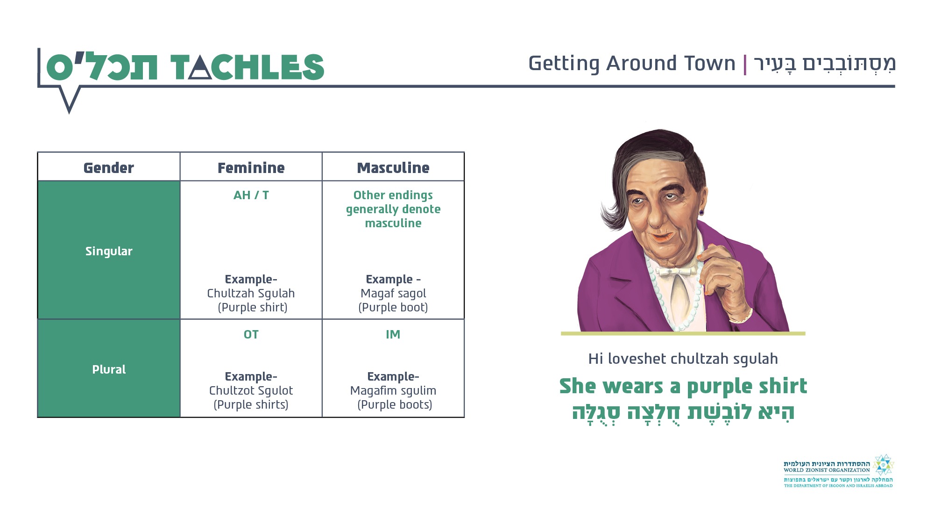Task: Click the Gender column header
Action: click(108, 168)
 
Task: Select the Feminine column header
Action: click(251, 168)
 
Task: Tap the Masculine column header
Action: click(393, 168)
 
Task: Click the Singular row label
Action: click(109, 251)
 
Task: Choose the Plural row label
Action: click(109, 369)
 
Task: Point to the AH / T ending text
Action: click(251, 195)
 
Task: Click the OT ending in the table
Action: click(251, 334)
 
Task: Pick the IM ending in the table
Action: click(393, 334)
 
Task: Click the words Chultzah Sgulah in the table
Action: click(251, 293)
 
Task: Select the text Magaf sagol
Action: click(393, 293)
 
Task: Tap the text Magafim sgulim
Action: click(393, 390)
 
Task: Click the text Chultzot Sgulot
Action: click(251, 390)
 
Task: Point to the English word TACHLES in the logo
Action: click(247, 67)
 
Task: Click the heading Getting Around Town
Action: click(632, 64)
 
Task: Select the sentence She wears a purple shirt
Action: click(683, 387)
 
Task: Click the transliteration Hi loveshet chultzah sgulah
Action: click(683, 359)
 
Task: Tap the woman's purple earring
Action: click(701, 213)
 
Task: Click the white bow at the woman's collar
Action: click(676, 271)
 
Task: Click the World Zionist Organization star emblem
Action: click(883, 465)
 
